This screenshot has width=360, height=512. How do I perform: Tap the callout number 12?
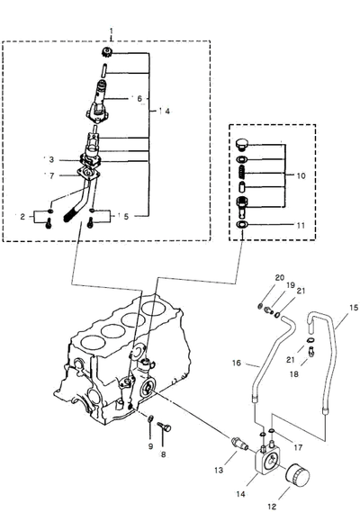272,507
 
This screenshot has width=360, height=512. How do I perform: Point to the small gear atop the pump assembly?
105,52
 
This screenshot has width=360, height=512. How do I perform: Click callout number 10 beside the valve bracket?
301,175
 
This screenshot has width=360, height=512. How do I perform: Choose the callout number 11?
301,225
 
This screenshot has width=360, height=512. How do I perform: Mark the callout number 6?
139,98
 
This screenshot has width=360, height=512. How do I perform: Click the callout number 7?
52,175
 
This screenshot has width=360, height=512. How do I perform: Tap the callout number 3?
51,159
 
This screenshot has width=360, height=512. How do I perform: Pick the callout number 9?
150,446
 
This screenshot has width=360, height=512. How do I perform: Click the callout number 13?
219,470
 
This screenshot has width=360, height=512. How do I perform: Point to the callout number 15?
354,307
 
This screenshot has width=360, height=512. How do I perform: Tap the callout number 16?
237,363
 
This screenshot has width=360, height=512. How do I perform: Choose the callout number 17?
298,447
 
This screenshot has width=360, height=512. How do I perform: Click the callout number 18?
294,374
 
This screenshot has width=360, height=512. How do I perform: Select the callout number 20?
280,277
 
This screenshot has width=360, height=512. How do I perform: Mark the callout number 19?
291,285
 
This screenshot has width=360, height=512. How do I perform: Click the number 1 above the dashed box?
112,31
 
